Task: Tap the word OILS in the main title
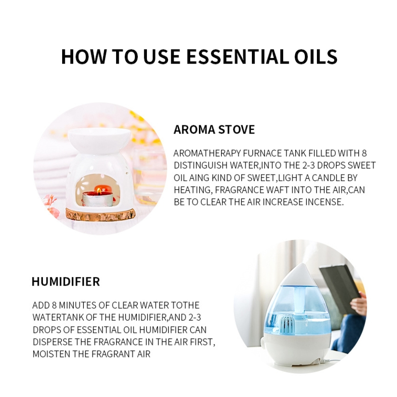[316, 56]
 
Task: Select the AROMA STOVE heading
[214, 129]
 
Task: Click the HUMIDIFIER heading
[66, 281]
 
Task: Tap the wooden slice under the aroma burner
[100, 214]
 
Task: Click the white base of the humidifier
[296, 350]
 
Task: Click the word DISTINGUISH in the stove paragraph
[200, 165]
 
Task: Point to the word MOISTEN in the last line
[52, 354]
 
